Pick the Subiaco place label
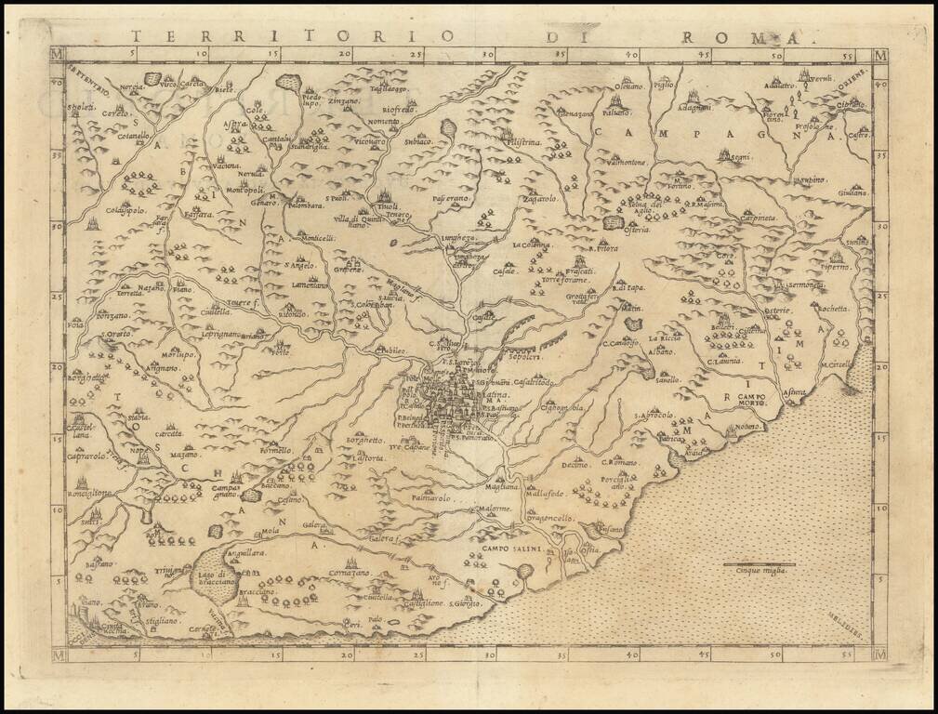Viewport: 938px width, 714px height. [x=418, y=141]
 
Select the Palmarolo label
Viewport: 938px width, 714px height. [x=429, y=499]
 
